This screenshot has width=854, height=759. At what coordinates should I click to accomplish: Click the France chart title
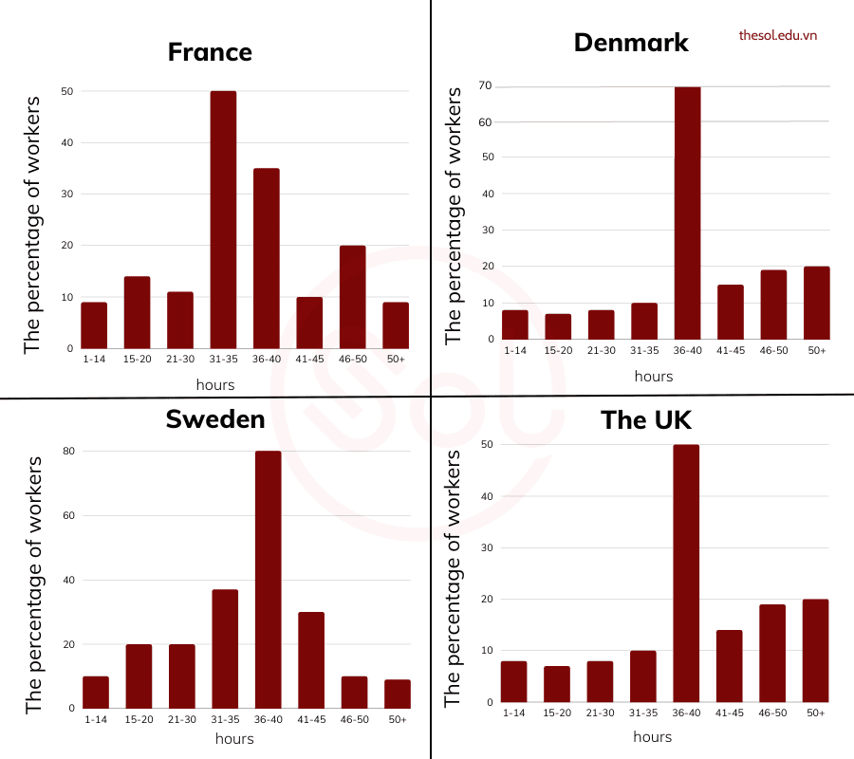tap(210, 51)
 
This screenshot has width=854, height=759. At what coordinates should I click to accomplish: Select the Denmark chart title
tap(631, 43)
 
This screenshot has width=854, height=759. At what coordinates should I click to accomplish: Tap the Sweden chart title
tap(215, 418)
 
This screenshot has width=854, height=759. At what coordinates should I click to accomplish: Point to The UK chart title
tap(646, 419)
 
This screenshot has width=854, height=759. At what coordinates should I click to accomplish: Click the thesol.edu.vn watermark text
tap(778, 35)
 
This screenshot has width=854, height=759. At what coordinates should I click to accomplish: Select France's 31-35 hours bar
tap(223, 220)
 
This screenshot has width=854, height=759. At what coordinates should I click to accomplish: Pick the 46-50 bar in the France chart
tap(353, 297)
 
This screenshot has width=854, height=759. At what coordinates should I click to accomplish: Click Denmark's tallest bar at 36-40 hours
tap(687, 213)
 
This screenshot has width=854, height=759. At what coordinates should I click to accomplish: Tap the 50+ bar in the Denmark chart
tap(816, 303)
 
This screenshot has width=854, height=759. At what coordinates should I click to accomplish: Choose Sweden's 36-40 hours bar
tap(268, 580)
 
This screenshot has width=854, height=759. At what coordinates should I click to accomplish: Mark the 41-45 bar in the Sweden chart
tap(311, 660)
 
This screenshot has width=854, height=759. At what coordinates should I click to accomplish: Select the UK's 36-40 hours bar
tap(687, 574)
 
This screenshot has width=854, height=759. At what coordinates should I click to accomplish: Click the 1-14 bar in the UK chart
tap(514, 681)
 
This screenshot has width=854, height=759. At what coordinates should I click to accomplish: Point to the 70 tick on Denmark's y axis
tap(485, 86)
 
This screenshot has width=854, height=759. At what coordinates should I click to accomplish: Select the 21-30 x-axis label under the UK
tap(601, 713)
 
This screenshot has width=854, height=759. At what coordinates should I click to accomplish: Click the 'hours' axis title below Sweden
tap(234, 738)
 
